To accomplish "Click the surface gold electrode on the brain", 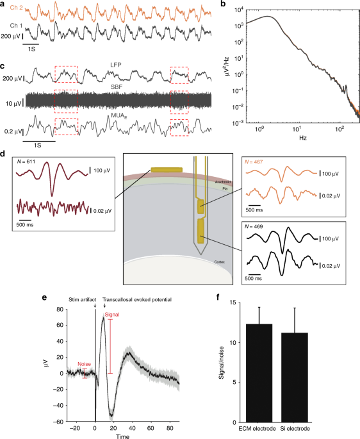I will [x=166, y=170].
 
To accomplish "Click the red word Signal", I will [x=113, y=315].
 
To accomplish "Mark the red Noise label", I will [x=86, y=364].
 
